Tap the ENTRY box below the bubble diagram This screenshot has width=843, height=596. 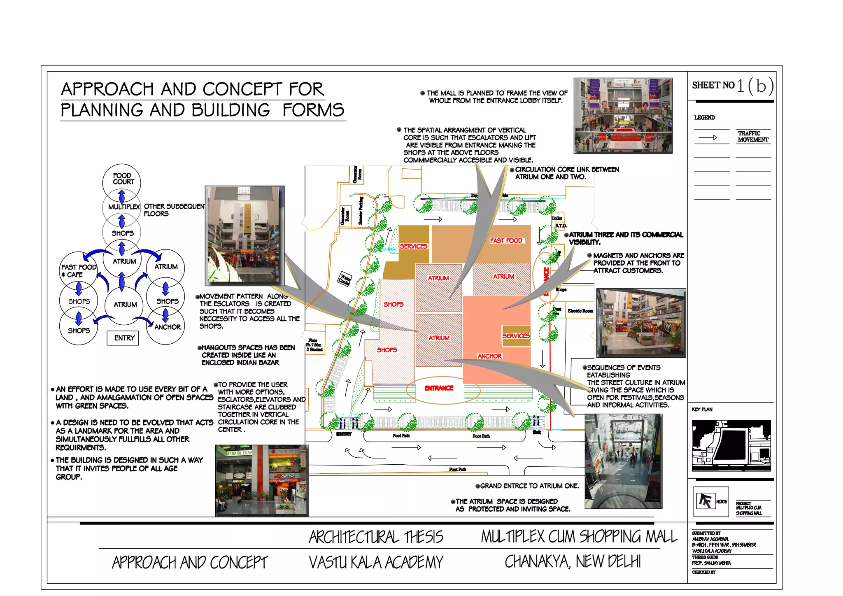pyautogui.click(x=124, y=338)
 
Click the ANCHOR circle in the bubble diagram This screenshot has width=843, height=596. pyautogui.click(x=167, y=327)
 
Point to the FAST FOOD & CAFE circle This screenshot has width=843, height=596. pyautogui.click(x=78, y=270)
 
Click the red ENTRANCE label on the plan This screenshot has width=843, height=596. pyautogui.click(x=439, y=388)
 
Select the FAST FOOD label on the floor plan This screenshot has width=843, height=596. pyautogui.click(x=506, y=240)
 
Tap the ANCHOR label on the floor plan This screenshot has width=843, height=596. pyautogui.click(x=489, y=356)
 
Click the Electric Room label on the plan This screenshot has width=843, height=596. pyautogui.click(x=580, y=311)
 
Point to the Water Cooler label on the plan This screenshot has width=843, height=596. pyautogui.click(x=345, y=279)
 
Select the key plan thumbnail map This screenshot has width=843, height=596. pyautogui.click(x=731, y=445)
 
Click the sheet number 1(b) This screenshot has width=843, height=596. pyautogui.click(x=755, y=86)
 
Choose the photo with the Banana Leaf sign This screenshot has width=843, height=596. pyautogui.click(x=261, y=480)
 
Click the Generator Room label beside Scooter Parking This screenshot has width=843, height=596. pyautogui.click(x=345, y=215)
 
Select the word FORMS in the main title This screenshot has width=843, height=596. pyautogui.click(x=313, y=110)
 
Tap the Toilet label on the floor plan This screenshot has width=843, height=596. pyautogui.click(x=557, y=218)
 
